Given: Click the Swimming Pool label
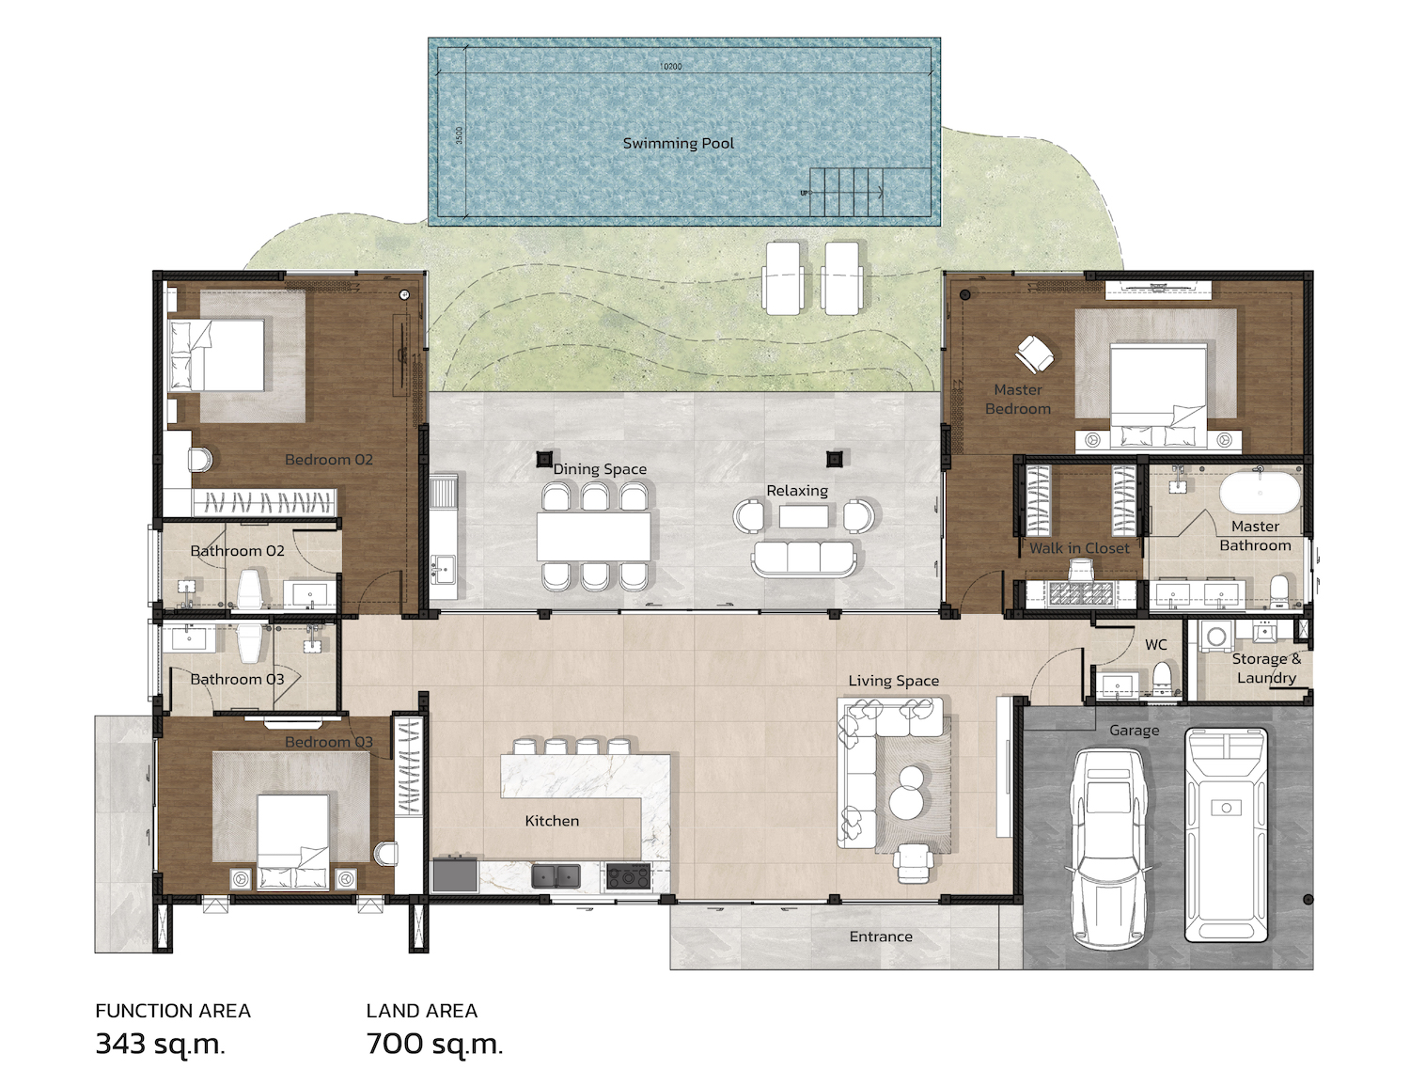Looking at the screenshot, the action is point(678,143).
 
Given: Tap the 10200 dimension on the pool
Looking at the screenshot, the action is point(670,66).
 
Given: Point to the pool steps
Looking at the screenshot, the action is point(846,192).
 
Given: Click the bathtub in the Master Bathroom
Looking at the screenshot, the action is point(1260,493).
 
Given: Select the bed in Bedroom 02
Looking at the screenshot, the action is point(217,354).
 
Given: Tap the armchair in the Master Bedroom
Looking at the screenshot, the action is point(1034,354).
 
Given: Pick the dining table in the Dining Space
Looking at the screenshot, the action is point(594,536).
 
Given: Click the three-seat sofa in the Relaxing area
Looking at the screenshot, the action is point(804,559).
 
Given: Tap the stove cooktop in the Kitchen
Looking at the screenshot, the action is point(628,875).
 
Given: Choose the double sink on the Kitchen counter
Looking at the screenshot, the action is point(556,875).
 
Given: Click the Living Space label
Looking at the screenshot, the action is point(894,681).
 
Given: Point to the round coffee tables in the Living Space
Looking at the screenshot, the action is point(906,791).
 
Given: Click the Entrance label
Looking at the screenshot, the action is point(881,936).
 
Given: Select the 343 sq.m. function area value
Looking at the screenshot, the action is point(161,1045).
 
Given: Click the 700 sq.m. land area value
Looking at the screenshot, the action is point(434,1045).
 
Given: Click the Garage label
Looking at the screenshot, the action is point(1134,731).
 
